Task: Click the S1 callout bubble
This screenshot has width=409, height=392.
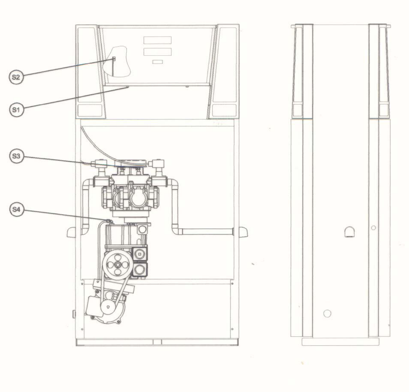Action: tap(16, 109)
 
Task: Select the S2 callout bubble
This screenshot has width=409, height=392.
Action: tap(16, 77)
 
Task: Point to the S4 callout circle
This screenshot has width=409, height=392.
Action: tap(17, 209)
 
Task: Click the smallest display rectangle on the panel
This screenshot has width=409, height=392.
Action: tap(158, 62)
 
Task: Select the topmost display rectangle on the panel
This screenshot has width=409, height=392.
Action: tap(157, 40)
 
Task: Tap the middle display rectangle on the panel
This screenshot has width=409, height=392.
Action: tap(157, 52)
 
